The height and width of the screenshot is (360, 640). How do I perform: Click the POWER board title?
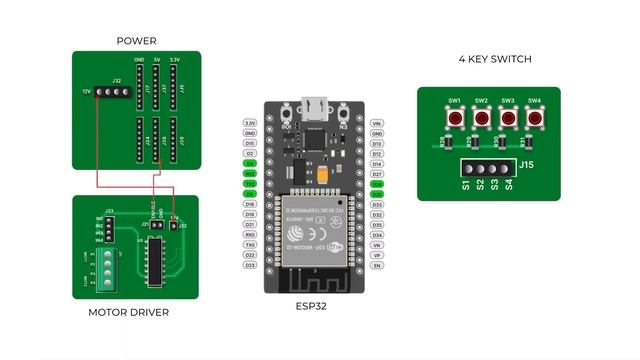136,41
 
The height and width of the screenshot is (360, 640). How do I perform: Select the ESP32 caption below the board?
311,306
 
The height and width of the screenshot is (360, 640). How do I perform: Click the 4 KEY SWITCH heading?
495,60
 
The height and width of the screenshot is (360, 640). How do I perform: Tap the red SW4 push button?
534,118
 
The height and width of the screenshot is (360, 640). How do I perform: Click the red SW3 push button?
508,118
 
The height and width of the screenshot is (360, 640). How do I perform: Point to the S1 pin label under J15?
467,184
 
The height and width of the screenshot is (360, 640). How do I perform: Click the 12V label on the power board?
87,91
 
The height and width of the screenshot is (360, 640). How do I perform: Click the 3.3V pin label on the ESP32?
250,123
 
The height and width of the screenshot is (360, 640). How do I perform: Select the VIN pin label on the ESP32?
377,123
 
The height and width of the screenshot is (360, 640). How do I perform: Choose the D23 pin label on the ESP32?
250,265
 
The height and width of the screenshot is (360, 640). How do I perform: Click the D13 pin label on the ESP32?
377,143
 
